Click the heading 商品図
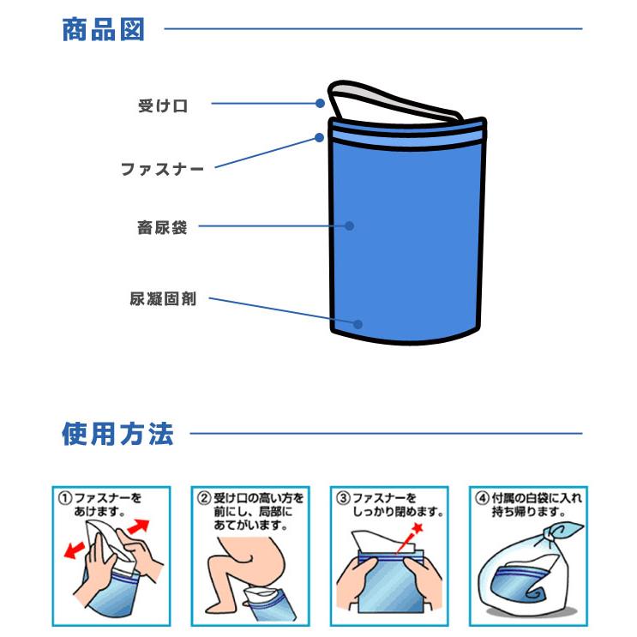coord(104,30)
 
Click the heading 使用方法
coord(117,434)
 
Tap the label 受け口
coord(162,106)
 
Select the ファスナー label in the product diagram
coord(162,170)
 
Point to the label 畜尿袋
coord(162,228)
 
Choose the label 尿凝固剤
coord(163,300)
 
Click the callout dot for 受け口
coord(320,104)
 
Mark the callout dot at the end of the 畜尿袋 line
coord(350,226)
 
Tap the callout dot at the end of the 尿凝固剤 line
coord(359,325)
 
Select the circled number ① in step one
coord(64,497)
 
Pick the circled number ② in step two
coord(204,497)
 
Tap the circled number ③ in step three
coord(343,497)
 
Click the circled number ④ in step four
coord(483,497)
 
